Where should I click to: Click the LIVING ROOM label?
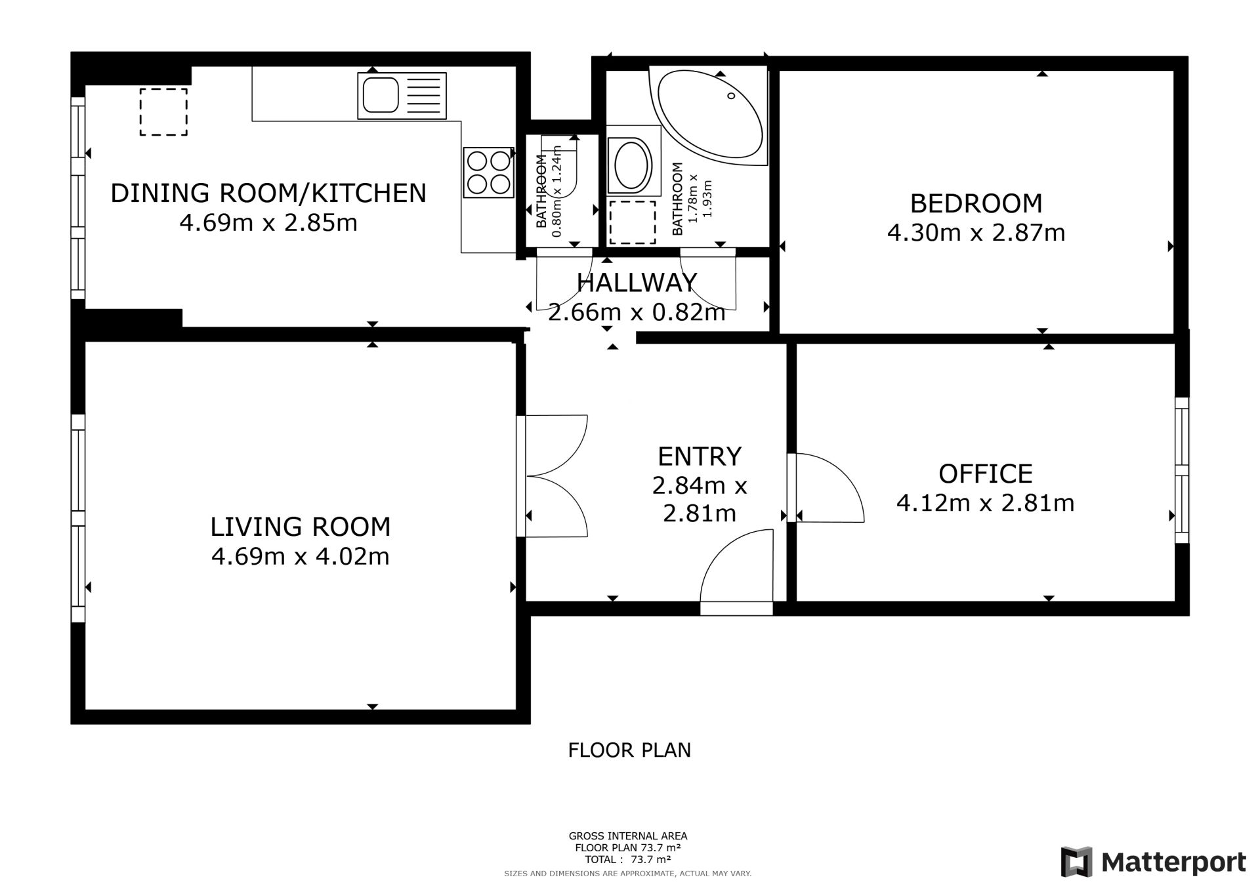pyautogui.click(x=301, y=527)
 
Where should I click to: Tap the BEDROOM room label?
pyautogui.click(x=976, y=203)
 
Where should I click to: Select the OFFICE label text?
pyautogui.click(x=986, y=474)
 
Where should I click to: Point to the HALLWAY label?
pyautogui.click(x=637, y=282)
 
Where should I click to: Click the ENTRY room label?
pyautogui.click(x=700, y=456)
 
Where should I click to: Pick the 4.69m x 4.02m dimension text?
pyautogui.click(x=301, y=557)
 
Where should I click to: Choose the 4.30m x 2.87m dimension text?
pyautogui.click(x=976, y=233)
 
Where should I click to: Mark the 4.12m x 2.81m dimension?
pyautogui.click(x=986, y=503)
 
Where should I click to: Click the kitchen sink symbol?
pyautogui.click(x=402, y=96)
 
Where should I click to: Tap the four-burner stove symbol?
pyautogui.click(x=488, y=172)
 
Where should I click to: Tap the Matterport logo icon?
pyautogui.click(x=1076, y=862)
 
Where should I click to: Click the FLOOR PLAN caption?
pyautogui.click(x=629, y=750)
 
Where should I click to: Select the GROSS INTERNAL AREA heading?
pyautogui.click(x=628, y=836)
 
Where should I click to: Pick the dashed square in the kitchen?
pyautogui.click(x=163, y=112)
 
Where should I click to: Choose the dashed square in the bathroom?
pyautogui.click(x=633, y=222)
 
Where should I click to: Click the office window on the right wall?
pyautogui.click(x=1181, y=470)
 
